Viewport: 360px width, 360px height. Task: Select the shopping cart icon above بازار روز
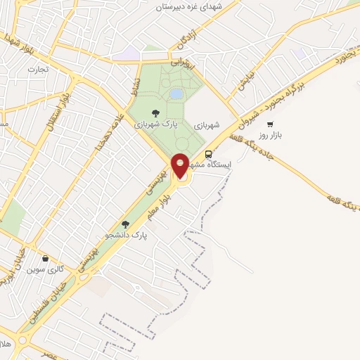click(x=270, y=124)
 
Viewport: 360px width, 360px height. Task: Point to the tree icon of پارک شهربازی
click(x=155, y=110)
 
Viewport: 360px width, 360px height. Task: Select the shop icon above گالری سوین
click(x=46, y=258)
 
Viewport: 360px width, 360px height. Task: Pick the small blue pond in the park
click(x=176, y=94)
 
